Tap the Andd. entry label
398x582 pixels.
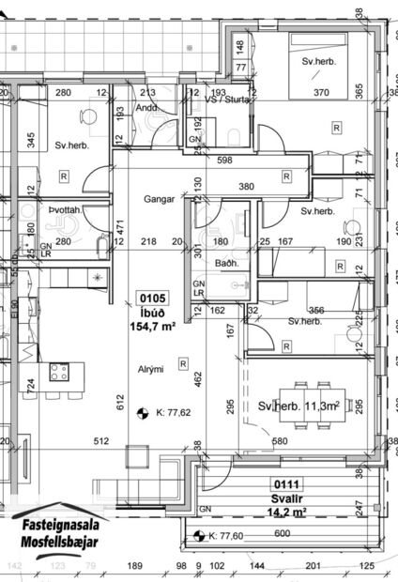point(145,106)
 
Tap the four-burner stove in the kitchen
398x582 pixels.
point(59,372)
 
